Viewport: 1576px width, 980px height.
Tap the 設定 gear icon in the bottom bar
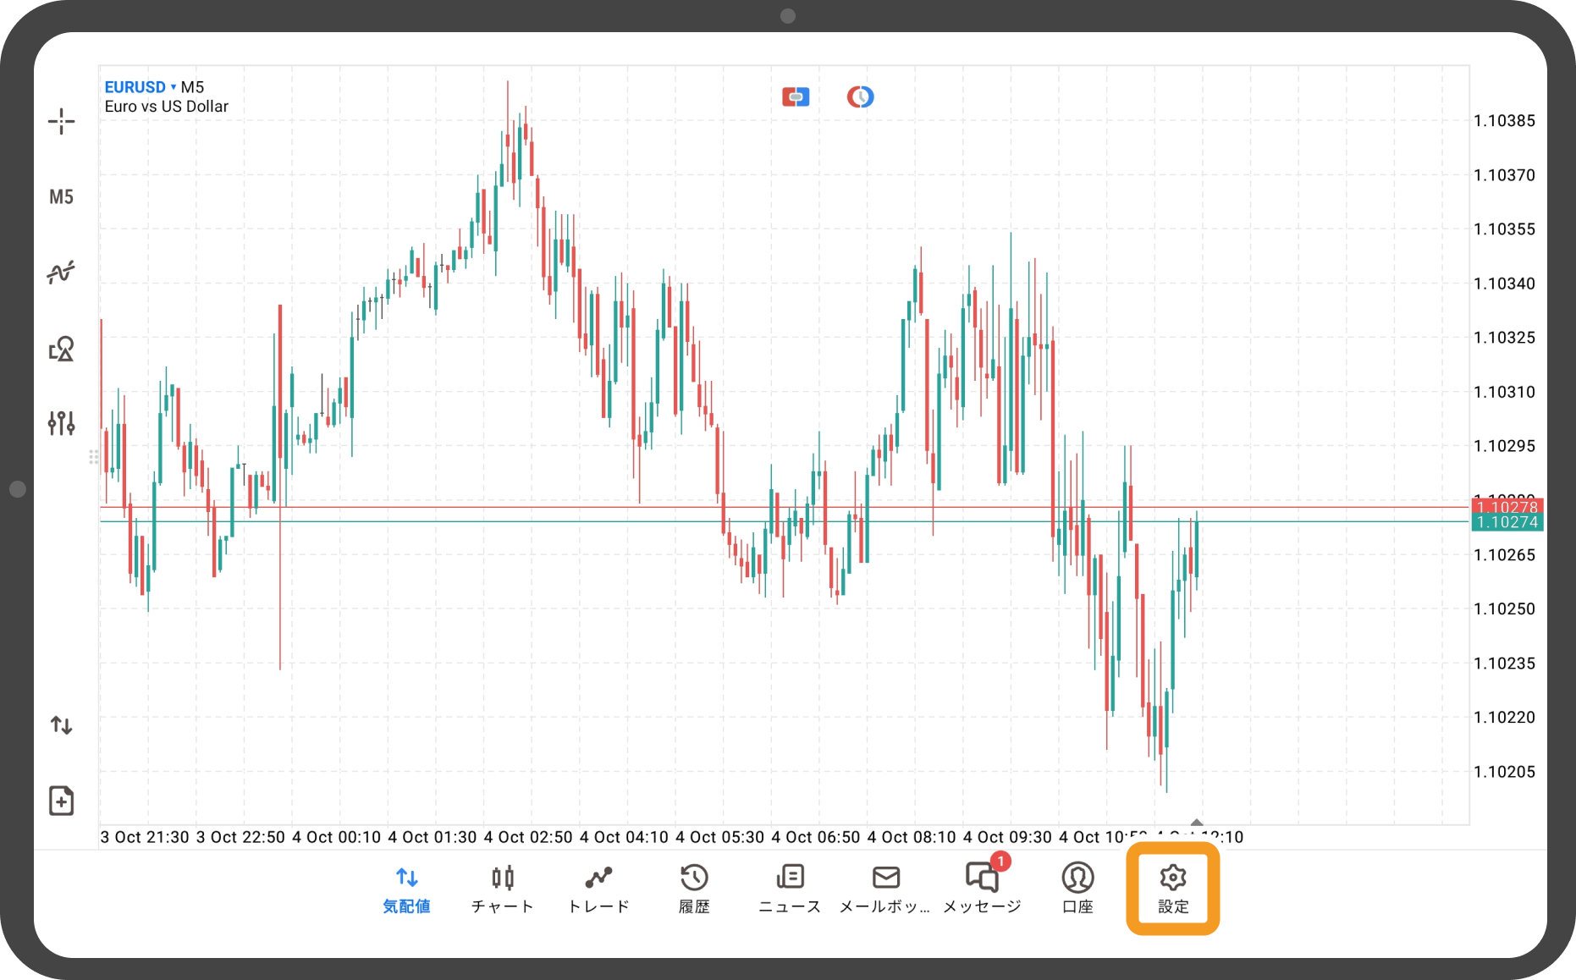(x=1172, y=888)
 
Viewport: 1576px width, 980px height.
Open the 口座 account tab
(x=1077, y=888)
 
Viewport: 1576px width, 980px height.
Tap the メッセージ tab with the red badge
(x=982, y=888)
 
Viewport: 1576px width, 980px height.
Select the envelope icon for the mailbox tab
(x=885, y=878)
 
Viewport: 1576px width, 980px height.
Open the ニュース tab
(x=790, y=888)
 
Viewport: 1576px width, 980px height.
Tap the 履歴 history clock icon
(x=694, y=878)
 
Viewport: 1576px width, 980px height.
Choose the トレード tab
(x=598, y=888)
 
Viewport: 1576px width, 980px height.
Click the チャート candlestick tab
(x=503, y=888)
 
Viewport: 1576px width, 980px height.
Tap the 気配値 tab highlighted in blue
(x=406, y=888)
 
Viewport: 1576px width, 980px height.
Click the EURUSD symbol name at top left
(x=135, y=87)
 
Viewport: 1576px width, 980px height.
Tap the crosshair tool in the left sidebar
(x=61, y=122)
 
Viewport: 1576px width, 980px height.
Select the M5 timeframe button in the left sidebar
(x=61, y=197)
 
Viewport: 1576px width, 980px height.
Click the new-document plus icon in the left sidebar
(x=61, y=801)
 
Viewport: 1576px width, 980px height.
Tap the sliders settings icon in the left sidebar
(x=61, y=423)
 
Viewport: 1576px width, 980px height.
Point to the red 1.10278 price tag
(x=1507, y=506)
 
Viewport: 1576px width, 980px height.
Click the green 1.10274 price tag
(x=1507, y=522)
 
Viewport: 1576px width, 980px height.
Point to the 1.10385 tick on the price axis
(x=1504, y=121)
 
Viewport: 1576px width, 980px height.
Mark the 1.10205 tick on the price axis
(x=1504, y=772)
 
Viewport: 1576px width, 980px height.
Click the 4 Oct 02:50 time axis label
(x=528, y=837)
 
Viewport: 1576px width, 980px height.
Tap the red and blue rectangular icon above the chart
(x=796, y=97)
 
